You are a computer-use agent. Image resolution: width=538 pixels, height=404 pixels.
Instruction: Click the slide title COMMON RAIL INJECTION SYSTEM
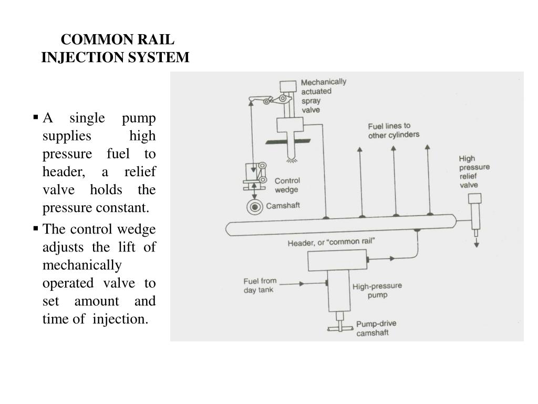pos(115,48)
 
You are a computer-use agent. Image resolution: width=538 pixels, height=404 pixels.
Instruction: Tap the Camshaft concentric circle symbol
pos(255,207)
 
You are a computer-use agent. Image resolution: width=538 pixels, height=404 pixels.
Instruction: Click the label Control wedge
pos(287,185)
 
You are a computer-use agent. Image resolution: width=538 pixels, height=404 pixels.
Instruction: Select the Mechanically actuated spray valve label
pos(323,96)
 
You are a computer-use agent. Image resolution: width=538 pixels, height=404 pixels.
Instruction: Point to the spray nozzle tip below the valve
pos(291,159)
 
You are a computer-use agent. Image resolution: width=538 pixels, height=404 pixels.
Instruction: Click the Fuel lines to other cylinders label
pos(394,130)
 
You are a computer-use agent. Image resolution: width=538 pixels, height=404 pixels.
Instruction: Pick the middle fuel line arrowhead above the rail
pos(394,148)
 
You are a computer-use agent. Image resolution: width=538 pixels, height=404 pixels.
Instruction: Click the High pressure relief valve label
pos(474,172)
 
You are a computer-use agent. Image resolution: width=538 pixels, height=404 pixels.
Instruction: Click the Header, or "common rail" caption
pos(331,242)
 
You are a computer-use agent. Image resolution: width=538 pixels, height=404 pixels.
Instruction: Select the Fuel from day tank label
pos(260,286)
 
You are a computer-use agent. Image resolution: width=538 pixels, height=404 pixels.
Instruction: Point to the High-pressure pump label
pos(377,290)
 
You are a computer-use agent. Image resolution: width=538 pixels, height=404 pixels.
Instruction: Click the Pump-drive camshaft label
pos(376,328)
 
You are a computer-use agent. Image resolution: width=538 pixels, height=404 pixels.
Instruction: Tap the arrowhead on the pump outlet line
pos(392,258)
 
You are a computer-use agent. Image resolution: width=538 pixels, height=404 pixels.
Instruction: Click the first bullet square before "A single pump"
pos(36,117)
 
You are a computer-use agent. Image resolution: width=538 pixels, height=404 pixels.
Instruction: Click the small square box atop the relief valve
pos(475,198)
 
